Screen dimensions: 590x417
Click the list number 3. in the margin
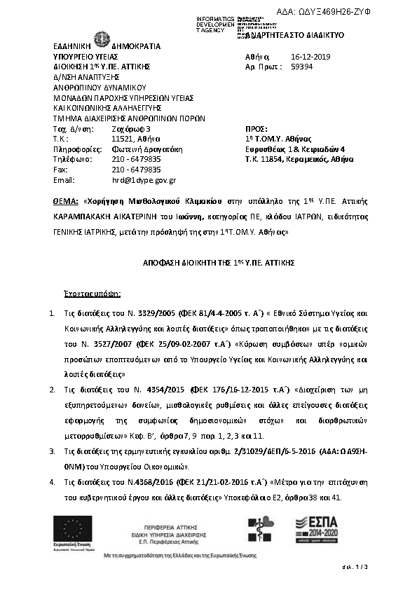pyautogui.click(x=53, y=453)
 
